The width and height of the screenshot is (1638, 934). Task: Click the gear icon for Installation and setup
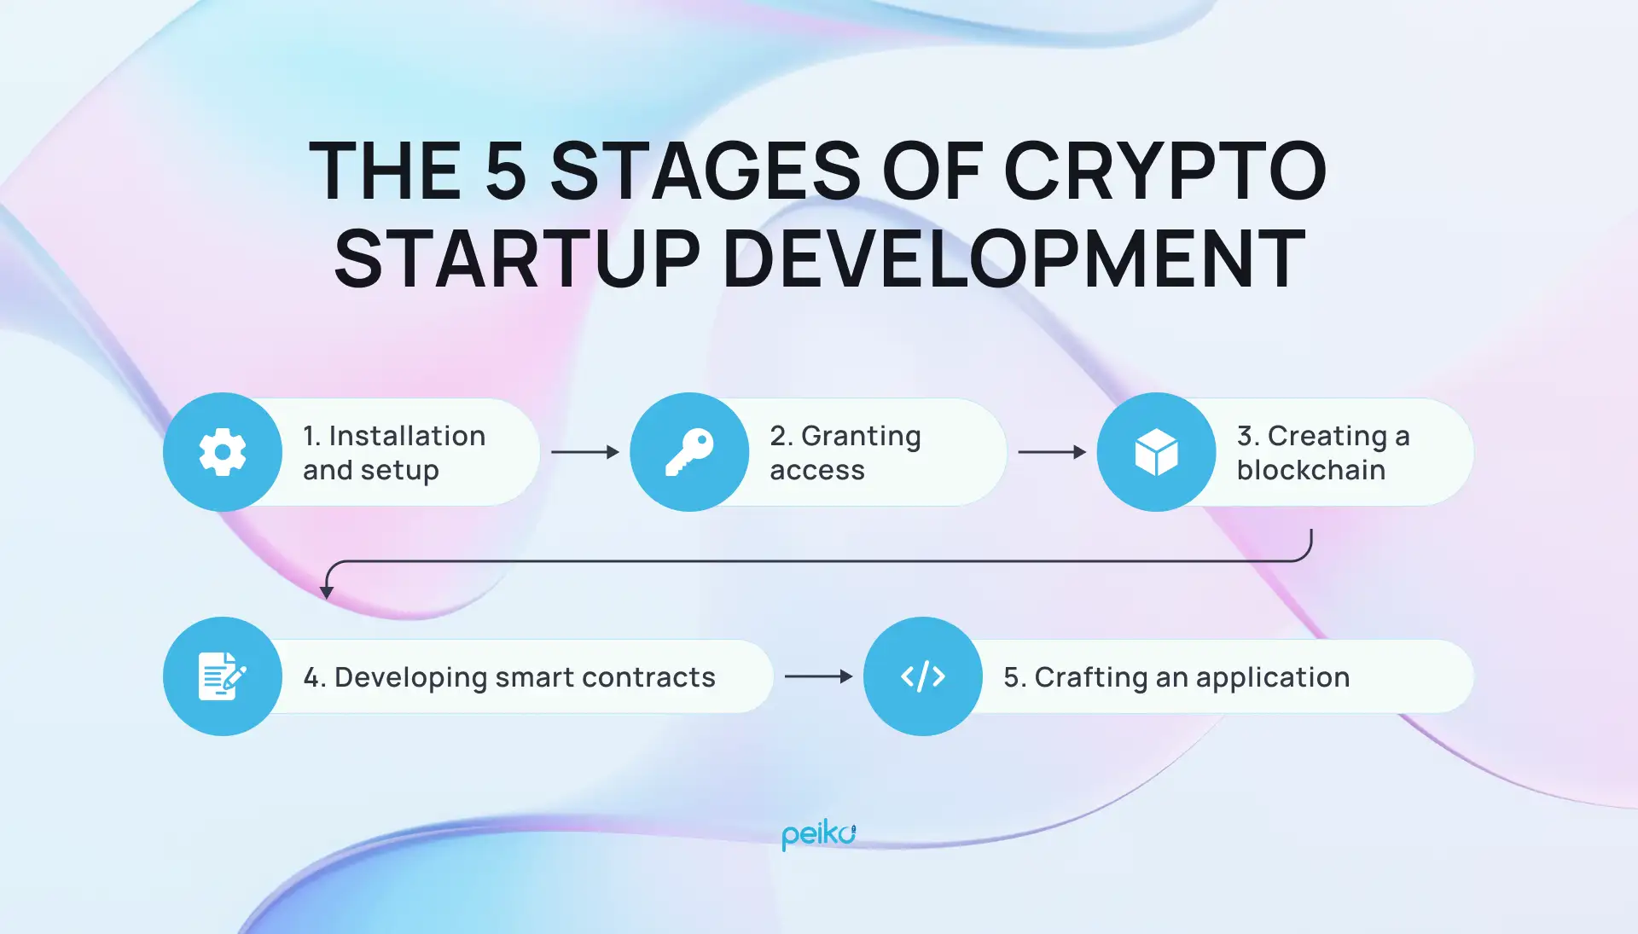223,452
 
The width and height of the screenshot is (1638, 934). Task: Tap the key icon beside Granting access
689,452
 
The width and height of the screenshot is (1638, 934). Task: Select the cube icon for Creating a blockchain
1156,452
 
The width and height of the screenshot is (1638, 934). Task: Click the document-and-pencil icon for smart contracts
222,676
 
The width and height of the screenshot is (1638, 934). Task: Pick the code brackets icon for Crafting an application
923,676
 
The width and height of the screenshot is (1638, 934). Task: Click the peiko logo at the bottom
818,834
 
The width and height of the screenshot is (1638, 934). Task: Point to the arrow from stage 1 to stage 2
585,452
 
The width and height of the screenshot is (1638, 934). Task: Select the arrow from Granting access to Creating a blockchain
1052,452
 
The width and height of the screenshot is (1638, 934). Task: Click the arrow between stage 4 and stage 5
818,676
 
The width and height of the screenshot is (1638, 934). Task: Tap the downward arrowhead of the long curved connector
327,592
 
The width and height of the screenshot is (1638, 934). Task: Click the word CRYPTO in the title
1165,171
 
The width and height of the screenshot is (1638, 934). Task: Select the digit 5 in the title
506,171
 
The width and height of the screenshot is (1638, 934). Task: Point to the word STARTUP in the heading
517,259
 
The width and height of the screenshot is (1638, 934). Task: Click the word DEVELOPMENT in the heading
1014,259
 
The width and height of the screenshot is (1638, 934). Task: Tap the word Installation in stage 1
407,436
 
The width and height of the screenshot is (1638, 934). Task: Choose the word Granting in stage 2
861,436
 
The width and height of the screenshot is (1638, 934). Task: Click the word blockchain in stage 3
1310,470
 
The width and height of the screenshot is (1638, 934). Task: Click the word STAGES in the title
706,171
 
